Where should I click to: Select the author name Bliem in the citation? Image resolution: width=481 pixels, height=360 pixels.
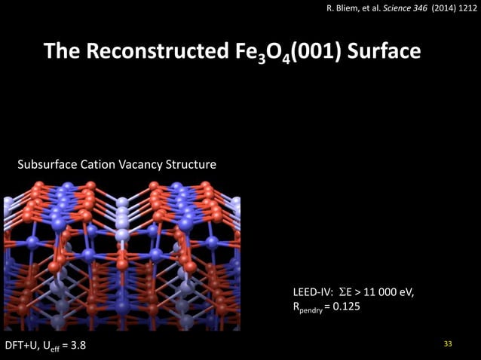pos(348,9)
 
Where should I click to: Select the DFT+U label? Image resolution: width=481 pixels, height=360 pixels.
pos(21,346)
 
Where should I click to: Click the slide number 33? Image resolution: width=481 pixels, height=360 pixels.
pos(448,344)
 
